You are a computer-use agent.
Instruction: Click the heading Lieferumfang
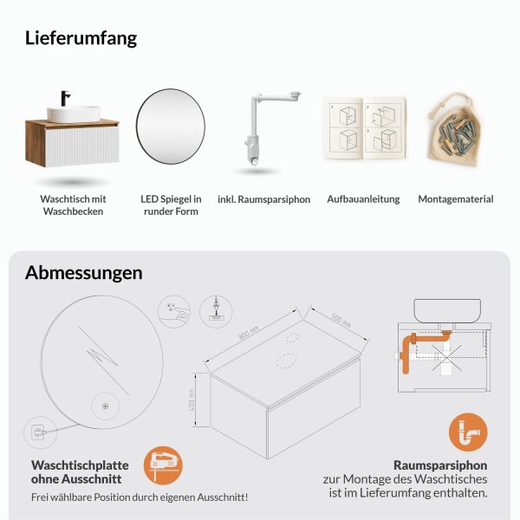[81, 38]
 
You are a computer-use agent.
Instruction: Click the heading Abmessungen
[83, 272]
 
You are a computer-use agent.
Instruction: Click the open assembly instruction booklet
[364, 127]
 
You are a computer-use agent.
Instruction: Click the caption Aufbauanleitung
[363, 199]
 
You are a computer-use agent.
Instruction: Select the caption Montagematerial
[455, 199]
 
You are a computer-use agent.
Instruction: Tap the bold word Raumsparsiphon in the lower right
[439, 464]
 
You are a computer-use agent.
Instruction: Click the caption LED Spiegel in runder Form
[171, 205]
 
